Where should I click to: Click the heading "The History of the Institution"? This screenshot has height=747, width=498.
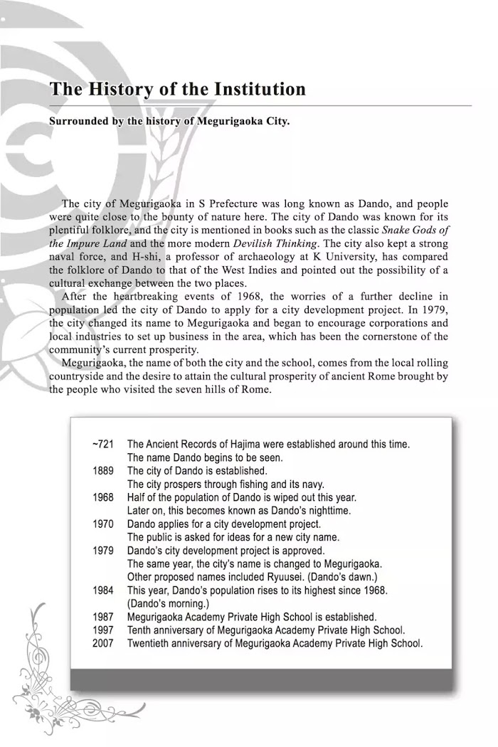tap(177, 90)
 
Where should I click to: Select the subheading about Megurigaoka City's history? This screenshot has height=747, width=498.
tap(169, 121)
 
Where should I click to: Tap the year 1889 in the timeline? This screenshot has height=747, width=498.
tap(103, 471)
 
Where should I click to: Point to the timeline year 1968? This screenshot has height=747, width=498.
tap(103, 497)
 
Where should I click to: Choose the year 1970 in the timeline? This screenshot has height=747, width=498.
tap(103, 524)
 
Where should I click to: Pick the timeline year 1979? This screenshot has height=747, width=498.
tap(103, 551)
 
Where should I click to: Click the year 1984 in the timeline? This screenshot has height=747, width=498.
tap(103, 590)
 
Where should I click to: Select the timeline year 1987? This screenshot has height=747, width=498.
tap(103, 617)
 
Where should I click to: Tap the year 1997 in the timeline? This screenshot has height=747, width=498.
tap(103, 630)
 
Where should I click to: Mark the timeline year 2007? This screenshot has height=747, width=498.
tap(103, 643)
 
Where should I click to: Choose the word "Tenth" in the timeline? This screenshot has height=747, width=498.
tap(140, 630)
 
